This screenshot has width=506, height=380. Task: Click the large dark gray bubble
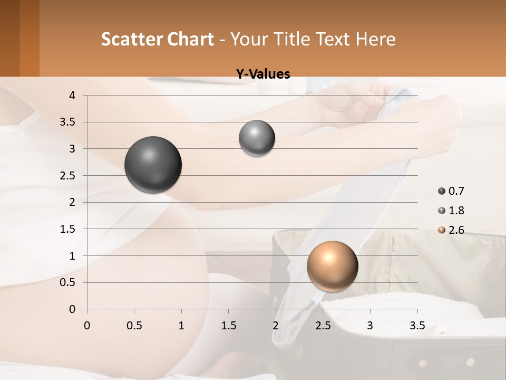point(153,165)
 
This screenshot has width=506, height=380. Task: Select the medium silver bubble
point(257,138)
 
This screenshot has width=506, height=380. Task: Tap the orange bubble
point(332,266)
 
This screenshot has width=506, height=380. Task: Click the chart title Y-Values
point(262,74)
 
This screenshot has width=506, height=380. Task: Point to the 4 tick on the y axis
point(73,96)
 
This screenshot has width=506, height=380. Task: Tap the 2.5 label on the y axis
point(68,176)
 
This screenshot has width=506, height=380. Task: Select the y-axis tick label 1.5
point(68,229)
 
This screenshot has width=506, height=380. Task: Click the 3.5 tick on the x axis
point(417,326)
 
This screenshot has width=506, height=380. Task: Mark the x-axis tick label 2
point(276,326)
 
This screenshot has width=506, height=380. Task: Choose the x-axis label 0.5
point(134,326)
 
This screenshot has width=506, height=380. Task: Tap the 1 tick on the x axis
point(181,326)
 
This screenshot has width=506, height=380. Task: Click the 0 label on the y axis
point(73,309)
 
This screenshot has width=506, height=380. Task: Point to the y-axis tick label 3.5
point(68,122)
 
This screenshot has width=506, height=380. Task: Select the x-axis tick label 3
point(370,326)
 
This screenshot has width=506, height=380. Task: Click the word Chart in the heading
point(190,39)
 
